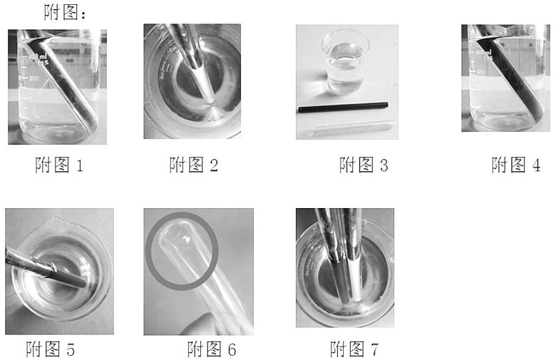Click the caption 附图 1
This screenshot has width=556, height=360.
[x=59, y=165]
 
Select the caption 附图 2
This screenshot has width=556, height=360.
[x=194, y=165]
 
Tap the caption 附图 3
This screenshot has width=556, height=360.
[x=364, y=165]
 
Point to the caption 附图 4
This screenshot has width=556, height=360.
[x=515, y=165]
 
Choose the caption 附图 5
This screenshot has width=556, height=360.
[x=50, y=349]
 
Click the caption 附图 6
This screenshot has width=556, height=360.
[x=211, y=349]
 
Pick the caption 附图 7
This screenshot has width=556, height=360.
[x=354, y=349]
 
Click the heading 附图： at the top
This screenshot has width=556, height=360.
[x=65, y=12]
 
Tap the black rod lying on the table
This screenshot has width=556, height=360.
[x=344, y=107]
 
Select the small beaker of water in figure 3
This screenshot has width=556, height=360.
[x=346, y=63]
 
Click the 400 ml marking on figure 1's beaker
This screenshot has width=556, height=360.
[x=37, y=57]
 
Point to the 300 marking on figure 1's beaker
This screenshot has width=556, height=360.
[x=32, y=78]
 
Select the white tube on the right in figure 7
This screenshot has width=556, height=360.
[x=354, y=255]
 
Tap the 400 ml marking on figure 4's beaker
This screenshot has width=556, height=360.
[x=484, y=53]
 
